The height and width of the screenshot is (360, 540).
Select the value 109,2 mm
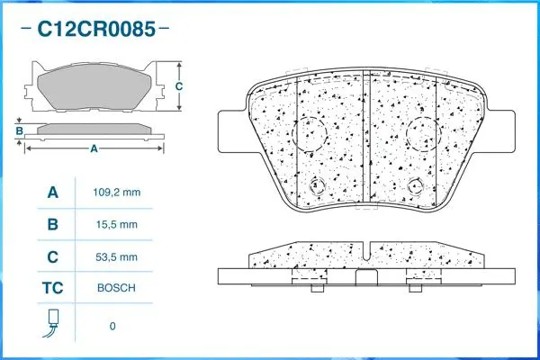pyautogui.click(x=118, y=193)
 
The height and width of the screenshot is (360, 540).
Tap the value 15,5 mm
pyautogui.click(x=118, y=224)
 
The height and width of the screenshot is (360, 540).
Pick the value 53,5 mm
pyautogui.click(x=118, y=256)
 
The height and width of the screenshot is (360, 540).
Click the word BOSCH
pyautogui.click(x=118, y=288)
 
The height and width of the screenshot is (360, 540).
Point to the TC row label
pyautogui.click(x=52, y=288)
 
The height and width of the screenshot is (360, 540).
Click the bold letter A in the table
pyautogui.click(x=52, y=193)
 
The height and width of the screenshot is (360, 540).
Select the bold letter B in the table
pyautogui.click(x=52, y=224)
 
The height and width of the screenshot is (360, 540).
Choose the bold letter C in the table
pyautogui.click(x=52, y=256)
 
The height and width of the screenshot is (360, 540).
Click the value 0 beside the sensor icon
pyautogui.click(x=112, y=326)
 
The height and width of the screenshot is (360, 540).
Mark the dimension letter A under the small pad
pyautogui.click(x=93, y=149)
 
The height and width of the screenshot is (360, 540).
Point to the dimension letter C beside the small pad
pyautogui.click(x=178, y=86)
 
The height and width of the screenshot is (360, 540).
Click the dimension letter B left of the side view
pyautogui.click(x=19, y=133)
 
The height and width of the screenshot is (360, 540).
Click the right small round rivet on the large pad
pyautogui.click(x=415, y=186)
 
